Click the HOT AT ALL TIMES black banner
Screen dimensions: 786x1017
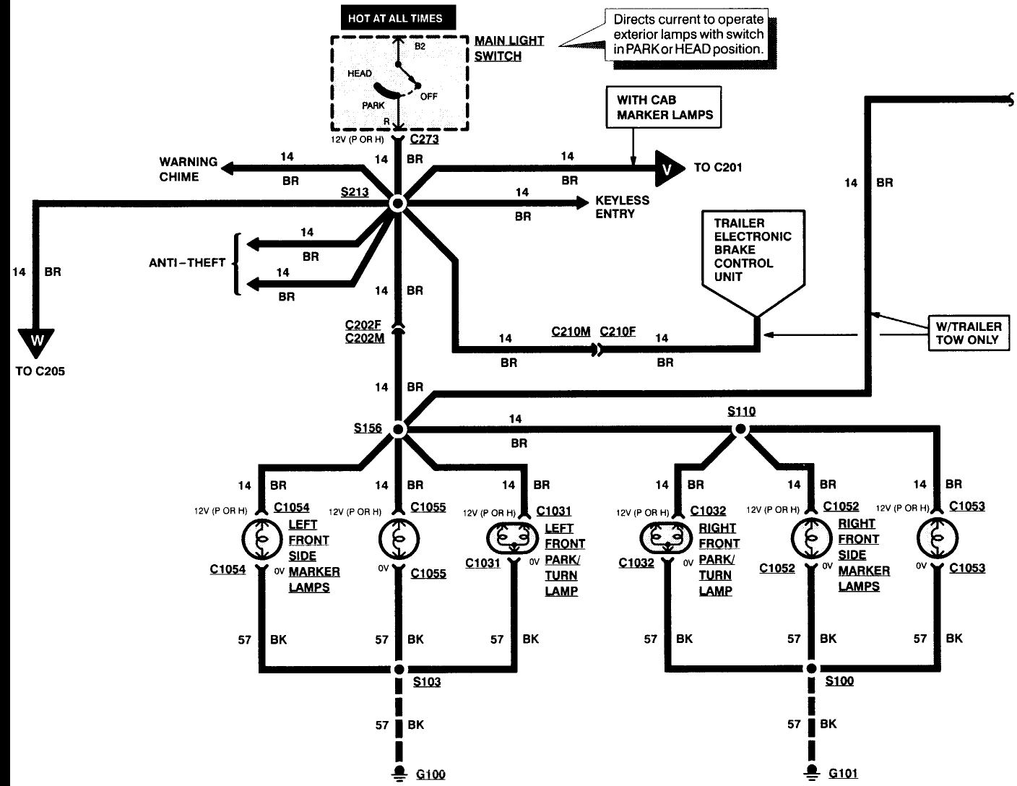tap(394, 18)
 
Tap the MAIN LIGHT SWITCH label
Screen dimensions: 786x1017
tap(508, 48)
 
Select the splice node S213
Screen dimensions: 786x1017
tap(397, 204)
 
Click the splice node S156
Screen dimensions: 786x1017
tap(398, 430)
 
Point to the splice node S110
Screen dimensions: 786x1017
tap(740, 429)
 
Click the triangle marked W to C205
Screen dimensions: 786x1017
tap(37, 342)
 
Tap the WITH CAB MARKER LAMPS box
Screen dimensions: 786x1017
tap(665, 108)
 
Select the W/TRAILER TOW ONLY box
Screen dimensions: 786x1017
tap(968, 333)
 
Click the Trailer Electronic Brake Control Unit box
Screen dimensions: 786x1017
tap(753, 256)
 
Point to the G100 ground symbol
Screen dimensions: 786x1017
tap(398, 772)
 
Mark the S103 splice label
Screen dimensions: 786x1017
tap(426, 682)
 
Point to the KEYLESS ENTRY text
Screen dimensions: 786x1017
tap(622, 207)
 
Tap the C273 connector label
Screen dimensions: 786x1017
tap(424, 139)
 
